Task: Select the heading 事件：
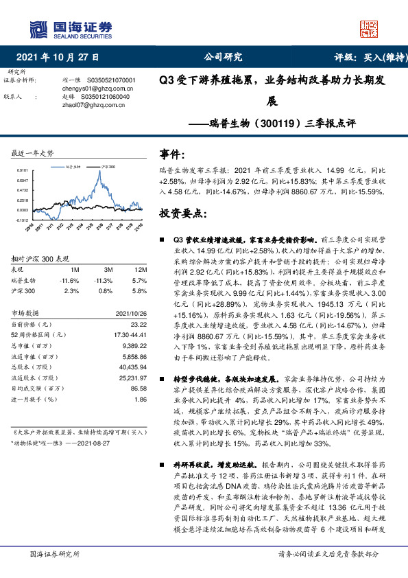[x=171, y=155]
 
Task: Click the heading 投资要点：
[x=182, y=213]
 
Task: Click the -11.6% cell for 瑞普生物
[x=70, y=280]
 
